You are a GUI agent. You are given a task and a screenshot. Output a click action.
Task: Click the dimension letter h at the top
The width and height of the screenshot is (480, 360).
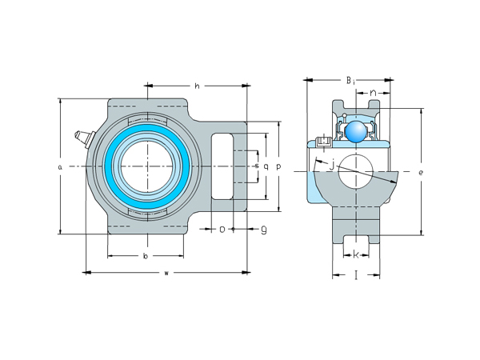(197, 86)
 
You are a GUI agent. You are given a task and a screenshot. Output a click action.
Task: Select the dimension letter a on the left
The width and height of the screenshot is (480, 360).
(60, 166)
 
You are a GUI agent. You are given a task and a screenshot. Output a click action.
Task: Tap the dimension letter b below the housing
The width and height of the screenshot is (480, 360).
(145, 256)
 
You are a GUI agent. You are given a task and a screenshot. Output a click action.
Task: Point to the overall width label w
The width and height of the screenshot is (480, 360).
(166, 274)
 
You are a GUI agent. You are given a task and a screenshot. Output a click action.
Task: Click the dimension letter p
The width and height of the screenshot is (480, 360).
(278, 166)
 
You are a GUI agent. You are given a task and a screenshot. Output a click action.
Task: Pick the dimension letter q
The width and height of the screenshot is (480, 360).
(266, 166)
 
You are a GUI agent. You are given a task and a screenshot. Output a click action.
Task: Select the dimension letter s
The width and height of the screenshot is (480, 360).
(256, 166)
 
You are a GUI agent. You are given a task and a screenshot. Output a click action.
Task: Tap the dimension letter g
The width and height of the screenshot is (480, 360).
(263, 229)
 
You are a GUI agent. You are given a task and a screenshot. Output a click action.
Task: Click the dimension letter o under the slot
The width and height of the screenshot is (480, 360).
(222, 229)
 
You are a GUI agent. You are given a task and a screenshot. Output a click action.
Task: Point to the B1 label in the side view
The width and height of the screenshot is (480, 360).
(350, 80)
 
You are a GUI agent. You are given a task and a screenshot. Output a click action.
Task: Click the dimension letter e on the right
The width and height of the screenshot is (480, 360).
(421, 172)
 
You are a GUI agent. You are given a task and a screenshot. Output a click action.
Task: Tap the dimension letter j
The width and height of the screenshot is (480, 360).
(331, 165)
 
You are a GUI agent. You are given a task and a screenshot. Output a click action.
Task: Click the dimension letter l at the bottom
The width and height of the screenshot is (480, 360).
(355, 274)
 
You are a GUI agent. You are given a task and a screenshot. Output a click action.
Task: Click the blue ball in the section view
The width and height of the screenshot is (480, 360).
(355, 130)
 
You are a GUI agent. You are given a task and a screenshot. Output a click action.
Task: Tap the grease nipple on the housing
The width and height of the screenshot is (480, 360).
(82, 138)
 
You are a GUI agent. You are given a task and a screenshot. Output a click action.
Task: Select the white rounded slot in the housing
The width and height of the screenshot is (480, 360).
(222, 166)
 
